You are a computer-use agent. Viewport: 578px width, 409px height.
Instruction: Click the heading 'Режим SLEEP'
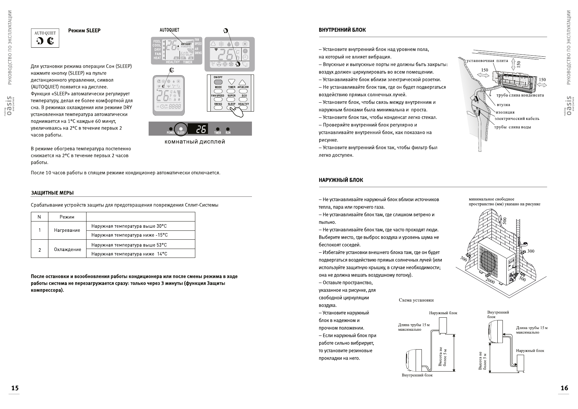(84, 31)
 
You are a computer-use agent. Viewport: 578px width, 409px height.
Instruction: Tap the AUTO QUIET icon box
(45, 38)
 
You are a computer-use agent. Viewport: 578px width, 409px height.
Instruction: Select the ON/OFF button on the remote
(218, 82)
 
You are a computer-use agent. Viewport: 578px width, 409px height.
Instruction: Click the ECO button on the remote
(244, 99)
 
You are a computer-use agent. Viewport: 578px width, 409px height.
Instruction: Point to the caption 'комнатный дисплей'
(195, 142)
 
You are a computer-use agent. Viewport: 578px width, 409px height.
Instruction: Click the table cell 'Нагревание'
(67, 230)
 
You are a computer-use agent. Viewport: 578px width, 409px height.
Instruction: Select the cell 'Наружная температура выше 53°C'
(129, 245)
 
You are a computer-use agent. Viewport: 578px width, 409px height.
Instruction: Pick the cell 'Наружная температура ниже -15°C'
(129, 235)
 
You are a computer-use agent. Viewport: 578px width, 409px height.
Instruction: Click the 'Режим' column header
(67, 217)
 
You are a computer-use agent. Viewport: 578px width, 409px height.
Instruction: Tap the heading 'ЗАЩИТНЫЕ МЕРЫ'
(52, 193)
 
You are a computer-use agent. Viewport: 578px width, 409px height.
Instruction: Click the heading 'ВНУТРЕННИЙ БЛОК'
(342, 30)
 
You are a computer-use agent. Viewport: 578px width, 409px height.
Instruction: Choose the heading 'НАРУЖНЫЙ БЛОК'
(341, 180)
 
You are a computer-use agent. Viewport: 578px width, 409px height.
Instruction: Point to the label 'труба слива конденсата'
(520, 95)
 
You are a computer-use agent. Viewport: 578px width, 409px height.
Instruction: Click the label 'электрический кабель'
(517, 119)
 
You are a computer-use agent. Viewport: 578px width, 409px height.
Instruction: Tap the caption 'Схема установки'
(416, 300)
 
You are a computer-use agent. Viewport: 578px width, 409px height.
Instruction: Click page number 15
(15, 388)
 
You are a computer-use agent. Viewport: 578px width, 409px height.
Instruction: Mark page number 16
(564, 388)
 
